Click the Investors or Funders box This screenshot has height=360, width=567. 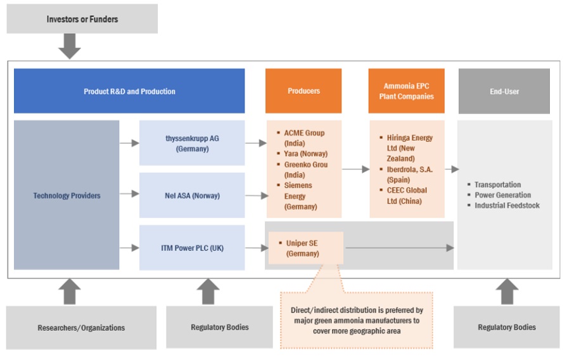coord(82,19)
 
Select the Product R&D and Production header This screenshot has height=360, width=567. coord(129,91)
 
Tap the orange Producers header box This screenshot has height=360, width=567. coord(303,91)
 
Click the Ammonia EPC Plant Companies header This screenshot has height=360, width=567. coord(406,91)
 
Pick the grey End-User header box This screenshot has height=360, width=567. coord(504,91)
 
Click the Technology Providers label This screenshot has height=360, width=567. coord(67,196)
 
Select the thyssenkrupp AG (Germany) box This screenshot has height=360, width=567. coord(192,143)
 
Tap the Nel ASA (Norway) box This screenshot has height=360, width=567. coord(192,196)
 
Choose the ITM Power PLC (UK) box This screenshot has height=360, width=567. coord(192,248)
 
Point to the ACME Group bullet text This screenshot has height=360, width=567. coord(304,133)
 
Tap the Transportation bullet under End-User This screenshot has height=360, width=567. coord(497,185)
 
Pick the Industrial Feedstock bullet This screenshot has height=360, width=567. coord(507,205)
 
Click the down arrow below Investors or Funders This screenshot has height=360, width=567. coord(70,46)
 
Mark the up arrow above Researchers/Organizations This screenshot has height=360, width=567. coord(71,292)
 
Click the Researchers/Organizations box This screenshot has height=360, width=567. coord(81,328)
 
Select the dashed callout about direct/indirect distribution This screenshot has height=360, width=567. coord(357,320)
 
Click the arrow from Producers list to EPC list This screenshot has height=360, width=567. coord(356,169)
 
